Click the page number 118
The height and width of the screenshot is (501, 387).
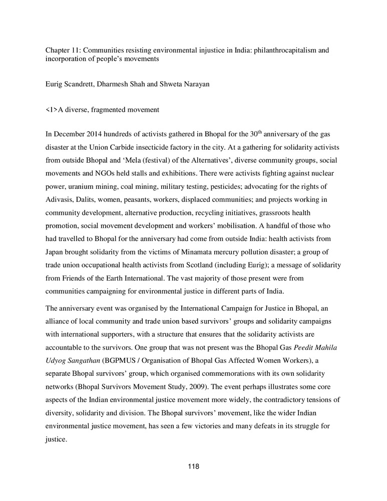[193, 467]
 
